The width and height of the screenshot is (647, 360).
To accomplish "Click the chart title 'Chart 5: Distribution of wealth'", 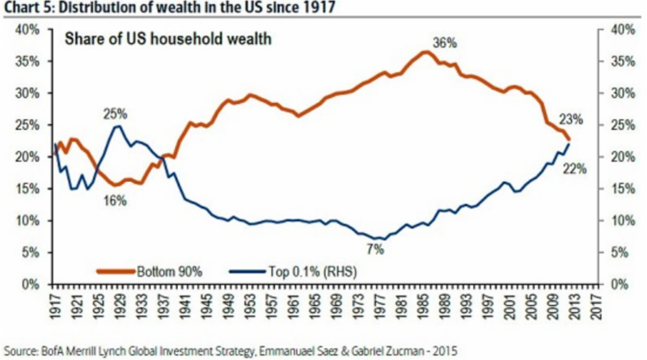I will pyautogui.click(x=129, y=10).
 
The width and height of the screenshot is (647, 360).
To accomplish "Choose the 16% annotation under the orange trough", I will pyautogui.click(x=116, y=200).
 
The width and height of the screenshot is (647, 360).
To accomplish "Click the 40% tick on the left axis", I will pyautogui.click(x=27, y=29).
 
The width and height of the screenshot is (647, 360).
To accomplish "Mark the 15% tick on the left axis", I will pyautogui.click(x=27, y=188).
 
